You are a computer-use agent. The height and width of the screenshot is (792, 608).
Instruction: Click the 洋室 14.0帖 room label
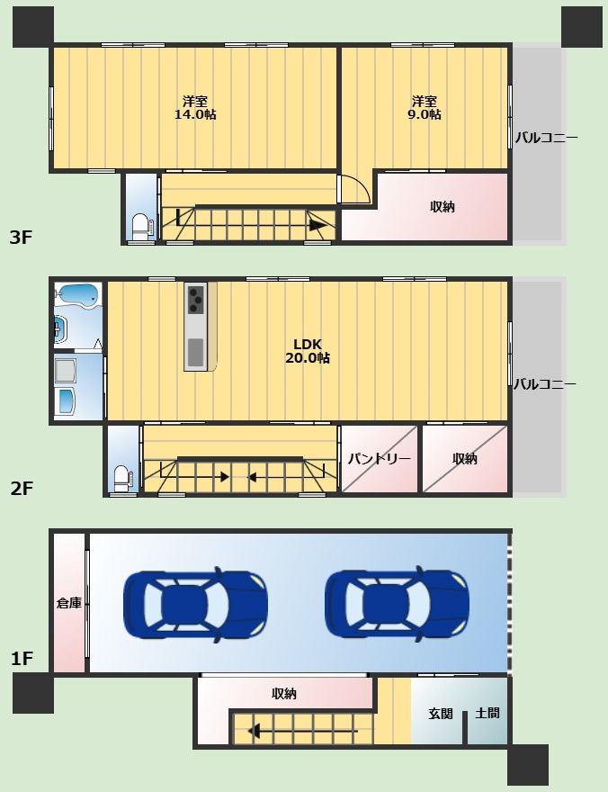[x=194, y=107]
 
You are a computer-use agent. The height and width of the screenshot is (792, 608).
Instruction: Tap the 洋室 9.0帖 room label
[x=425, y=107]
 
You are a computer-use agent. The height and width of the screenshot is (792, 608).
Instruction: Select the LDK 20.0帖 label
[x=307, y=350]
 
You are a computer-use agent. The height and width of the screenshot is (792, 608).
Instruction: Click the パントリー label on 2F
[x=379, y=459]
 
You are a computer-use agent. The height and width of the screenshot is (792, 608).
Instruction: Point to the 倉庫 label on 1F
[x=68, y=603]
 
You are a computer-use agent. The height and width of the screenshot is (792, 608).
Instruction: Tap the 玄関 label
[x=440, y=713]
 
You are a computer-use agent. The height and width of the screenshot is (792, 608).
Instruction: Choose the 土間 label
[x=487, y=713]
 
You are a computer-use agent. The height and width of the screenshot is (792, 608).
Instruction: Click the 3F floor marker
[x=22, y=238]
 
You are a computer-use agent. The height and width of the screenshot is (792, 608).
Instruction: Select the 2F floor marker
[x=22, y=489]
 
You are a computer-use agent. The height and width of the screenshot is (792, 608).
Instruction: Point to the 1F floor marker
[x=22, y=659]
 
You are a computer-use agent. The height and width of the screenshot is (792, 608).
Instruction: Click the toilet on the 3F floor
[x=140, y=225]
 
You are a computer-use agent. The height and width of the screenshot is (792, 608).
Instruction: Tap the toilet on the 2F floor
[x=122, y=476]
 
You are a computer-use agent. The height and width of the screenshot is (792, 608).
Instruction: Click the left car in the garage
[x=195, y=604]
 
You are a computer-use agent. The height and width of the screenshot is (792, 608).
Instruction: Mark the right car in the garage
[x=397, y=604]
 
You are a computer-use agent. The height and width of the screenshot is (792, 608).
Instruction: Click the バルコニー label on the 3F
[x=546, y=139]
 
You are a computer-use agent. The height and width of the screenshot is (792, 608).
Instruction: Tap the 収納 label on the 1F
[x=284, y=694]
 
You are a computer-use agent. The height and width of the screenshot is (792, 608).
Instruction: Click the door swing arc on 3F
[x=357, y=188]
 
